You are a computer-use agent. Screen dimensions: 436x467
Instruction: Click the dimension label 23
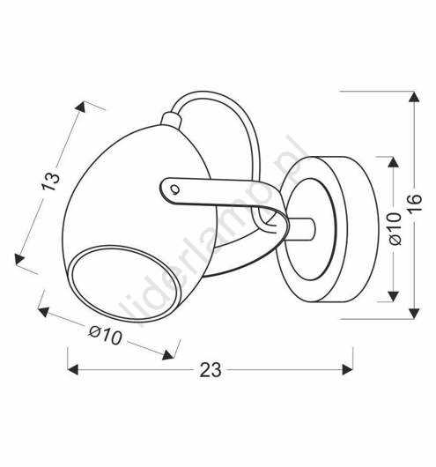click(211, 370)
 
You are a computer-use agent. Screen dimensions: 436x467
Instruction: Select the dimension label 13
click(50, 182)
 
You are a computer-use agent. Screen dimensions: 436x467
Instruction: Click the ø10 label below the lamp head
click(106, 335)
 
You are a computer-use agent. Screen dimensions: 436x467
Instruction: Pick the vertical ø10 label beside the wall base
click(395, 229)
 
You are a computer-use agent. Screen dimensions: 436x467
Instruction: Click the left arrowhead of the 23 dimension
click(73, 369)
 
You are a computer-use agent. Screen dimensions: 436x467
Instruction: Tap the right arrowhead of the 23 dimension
click(348, 369)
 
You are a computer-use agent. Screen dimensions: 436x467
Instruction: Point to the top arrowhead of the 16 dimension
click(414, 97)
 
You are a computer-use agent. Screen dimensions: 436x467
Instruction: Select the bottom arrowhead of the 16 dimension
click(414, 314)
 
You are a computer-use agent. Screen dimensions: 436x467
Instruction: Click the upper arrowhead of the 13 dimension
click(80, 107)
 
